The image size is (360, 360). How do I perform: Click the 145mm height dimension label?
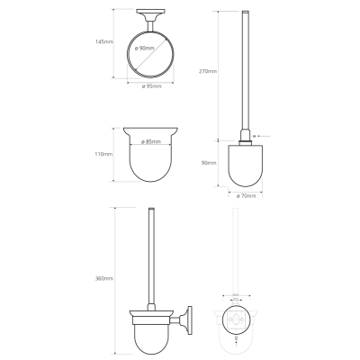[104, 41]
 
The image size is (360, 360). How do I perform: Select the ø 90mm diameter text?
[144, 48]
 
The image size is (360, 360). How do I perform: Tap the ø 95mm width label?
[151, 86]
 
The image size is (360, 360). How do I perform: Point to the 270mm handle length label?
[208, 71]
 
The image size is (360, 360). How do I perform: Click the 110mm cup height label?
[103, 154]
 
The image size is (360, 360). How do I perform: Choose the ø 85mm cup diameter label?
[150, 141]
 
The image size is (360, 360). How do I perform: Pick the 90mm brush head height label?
[209, 163]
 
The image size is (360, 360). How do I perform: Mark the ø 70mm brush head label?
[246, 196]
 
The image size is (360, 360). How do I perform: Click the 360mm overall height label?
[104, 278]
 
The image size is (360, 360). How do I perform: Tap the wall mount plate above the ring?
[150, 12]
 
